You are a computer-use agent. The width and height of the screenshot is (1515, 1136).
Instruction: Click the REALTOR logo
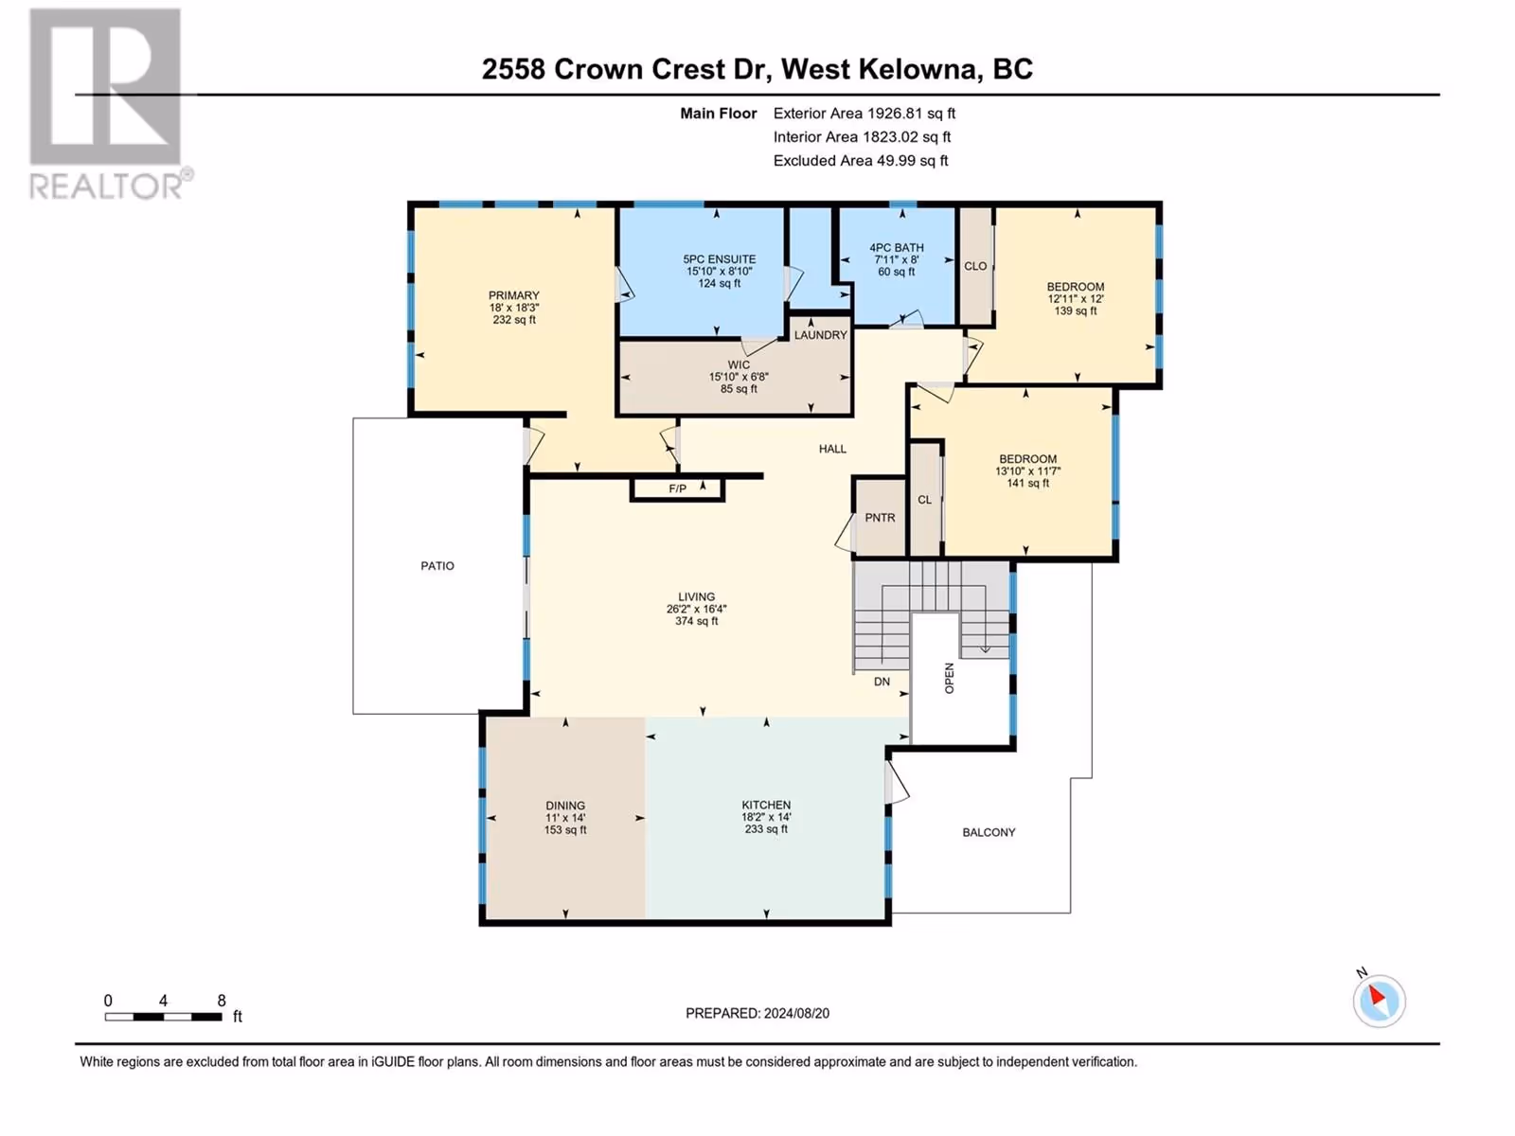(110, 104)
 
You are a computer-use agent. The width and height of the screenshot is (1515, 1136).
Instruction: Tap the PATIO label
(437, 565)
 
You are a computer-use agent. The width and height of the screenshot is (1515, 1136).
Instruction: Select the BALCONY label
(989, 832)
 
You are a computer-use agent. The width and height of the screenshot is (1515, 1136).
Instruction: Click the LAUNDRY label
(820, 334)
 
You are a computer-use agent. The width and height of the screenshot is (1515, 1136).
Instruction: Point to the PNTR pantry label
(880, 517)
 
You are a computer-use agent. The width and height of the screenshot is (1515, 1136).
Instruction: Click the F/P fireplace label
(677, 489)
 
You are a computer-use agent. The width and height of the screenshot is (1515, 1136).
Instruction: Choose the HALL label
(832, 449)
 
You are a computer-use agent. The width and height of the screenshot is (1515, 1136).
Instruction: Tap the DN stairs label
(882, 682)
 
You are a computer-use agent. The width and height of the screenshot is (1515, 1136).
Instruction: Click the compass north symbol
(1379, 1001)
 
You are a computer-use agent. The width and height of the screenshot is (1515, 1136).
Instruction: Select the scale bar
(164, 1017)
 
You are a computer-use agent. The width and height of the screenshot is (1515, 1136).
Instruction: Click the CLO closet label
(975, 266)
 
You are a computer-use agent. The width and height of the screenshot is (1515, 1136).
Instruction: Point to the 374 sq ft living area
(696, 621)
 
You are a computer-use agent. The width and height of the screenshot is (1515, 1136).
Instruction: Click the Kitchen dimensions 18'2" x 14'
(766, 817)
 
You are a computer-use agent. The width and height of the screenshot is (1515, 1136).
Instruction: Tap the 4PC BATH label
(897, 248)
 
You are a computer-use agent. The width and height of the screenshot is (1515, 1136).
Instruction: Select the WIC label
(739, 364)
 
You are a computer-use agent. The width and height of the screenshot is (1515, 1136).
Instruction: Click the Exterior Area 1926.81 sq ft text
(864, 113)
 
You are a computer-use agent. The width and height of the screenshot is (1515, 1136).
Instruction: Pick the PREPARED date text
(757, 1013)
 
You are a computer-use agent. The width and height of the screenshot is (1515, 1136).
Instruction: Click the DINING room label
(565, 806)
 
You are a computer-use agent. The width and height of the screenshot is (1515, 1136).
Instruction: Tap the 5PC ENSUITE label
(720, 259)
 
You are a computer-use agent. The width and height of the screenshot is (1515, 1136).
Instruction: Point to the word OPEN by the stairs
(949, 678)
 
